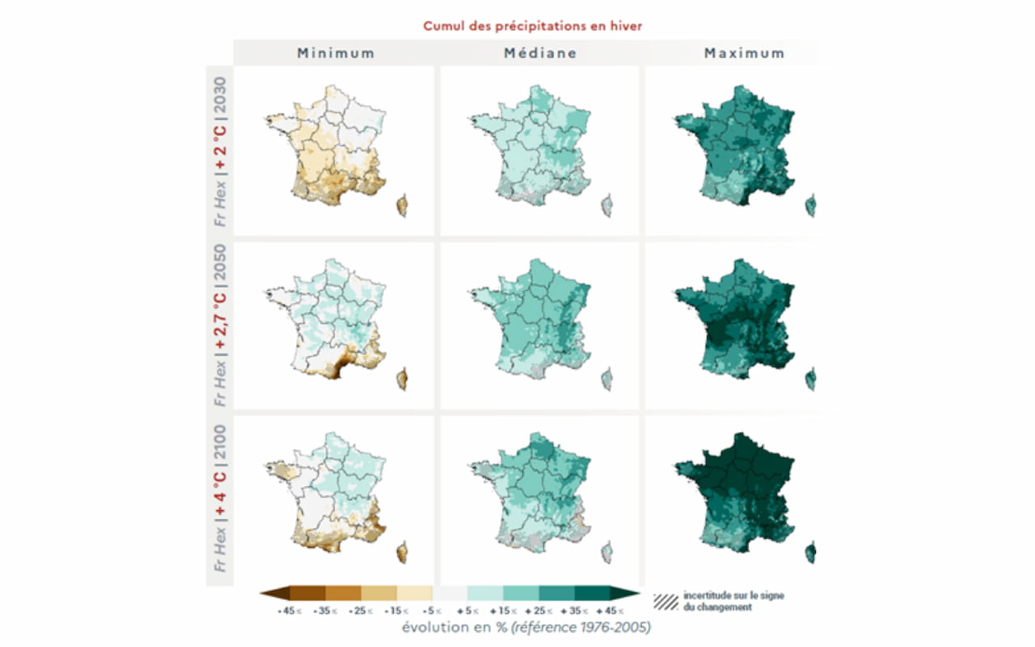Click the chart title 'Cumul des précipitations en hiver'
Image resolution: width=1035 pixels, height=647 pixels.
532,26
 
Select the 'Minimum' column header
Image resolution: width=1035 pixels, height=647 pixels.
336,53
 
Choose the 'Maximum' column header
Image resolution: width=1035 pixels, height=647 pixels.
744,53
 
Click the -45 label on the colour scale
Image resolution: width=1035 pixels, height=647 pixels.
284,611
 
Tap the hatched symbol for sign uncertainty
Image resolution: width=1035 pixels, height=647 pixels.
665,601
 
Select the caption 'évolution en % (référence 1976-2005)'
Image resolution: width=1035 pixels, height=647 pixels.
525,628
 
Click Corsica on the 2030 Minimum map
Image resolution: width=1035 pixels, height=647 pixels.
401,206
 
